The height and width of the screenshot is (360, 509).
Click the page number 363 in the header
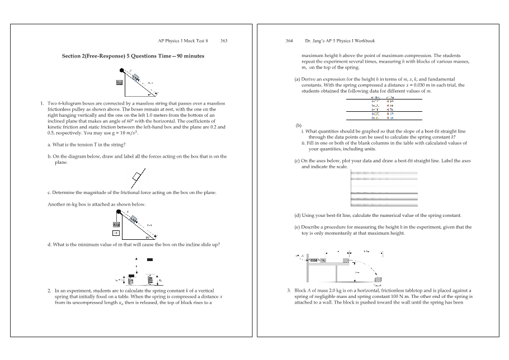pos(224,41)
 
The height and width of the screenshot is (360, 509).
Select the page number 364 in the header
pos(290,41)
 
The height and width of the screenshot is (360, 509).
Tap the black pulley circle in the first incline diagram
pos(122,70)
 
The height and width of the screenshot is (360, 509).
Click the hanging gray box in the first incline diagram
pos(119,82)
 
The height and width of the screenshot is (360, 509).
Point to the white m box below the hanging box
pos(116,232)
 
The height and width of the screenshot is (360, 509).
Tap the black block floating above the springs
pos(149,259)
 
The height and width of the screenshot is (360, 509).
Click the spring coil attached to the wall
pos(315,260)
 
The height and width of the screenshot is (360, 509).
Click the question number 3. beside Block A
pos(288,291)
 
